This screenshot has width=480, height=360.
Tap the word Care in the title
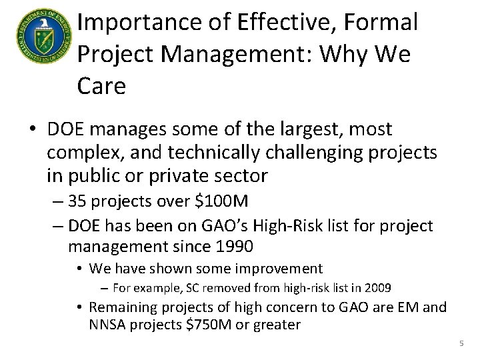(101, 86)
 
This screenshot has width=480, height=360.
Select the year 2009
(377, 288)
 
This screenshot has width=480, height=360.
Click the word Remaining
(122, 307)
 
